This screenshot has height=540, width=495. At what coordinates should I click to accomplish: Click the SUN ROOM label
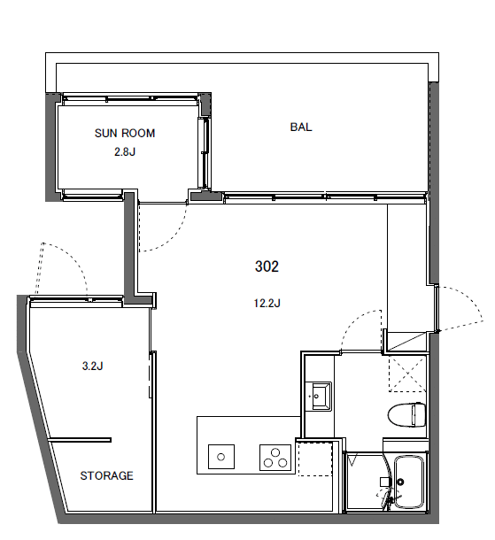pos(125,134)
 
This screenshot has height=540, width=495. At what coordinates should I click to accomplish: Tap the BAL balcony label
pos(301,127)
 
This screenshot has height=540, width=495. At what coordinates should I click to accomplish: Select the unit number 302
pos(267,266)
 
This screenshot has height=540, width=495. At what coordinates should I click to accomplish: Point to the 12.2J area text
pos(267,303)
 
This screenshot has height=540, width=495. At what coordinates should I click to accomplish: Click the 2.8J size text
pos(125,151)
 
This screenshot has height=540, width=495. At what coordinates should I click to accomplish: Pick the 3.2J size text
pos(92,366)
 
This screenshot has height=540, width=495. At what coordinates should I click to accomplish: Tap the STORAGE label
pos(107,475)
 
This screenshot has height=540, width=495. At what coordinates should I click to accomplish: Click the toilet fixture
pos(406,414)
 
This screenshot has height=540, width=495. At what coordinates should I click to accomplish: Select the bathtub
pos(409,482)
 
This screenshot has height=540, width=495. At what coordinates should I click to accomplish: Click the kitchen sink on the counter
pos(221,457)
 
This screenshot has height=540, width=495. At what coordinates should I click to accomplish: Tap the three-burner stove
pos(275,458)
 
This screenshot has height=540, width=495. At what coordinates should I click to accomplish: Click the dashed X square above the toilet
pos(407,374)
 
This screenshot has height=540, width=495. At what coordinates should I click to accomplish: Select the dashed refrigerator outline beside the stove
pos(315,459)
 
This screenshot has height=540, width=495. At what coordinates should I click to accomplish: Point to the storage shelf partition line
pos(80,440)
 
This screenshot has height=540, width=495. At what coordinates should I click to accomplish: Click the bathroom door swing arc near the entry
pos(354,320)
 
